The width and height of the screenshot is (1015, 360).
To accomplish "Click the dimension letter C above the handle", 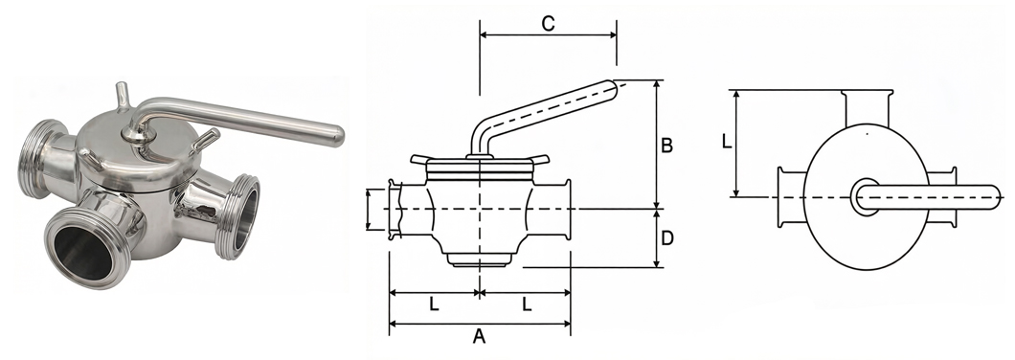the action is tap(548, 23).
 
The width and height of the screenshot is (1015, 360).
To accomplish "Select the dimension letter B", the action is tap(666, 146).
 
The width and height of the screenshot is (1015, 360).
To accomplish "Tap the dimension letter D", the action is tap(667, 238).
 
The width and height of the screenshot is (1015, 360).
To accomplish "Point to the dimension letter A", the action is tap(479, 337).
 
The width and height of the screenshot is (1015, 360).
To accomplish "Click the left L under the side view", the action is tap(435, 304).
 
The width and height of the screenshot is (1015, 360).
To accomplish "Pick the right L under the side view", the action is tap(527, 304).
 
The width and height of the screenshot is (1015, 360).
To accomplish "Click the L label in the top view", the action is tap(727, 141).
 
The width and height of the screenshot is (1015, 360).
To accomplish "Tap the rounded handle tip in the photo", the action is tap(335, 135).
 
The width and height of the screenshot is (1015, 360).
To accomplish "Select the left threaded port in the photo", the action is tap(39, 159).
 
